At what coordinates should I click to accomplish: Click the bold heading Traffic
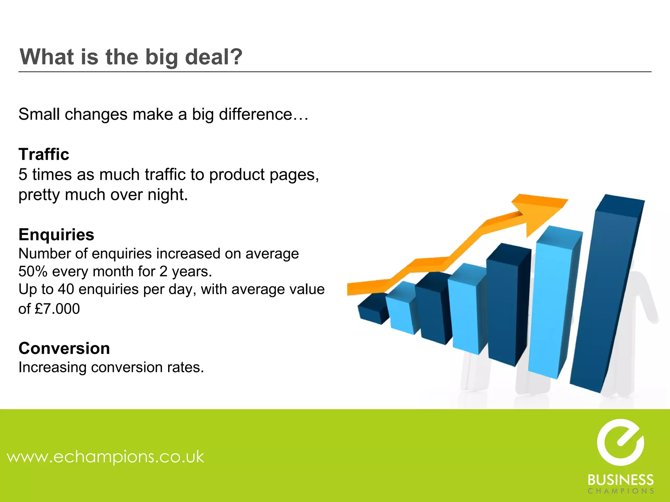[44, 154]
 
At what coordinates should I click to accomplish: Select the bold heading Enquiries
[56, 235]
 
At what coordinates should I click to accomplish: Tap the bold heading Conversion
[64, 348]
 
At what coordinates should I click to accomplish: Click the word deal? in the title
[214, 57]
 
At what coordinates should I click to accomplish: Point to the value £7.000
[57, 309]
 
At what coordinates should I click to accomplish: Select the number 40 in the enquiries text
[66, 290]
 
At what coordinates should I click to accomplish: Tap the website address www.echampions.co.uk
[106, 457]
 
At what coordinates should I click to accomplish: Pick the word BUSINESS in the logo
[620, 480]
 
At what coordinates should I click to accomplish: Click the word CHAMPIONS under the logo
[620, 491]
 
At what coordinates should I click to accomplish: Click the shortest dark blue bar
[371, 310]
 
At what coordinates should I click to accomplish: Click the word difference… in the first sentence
[264, 114]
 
